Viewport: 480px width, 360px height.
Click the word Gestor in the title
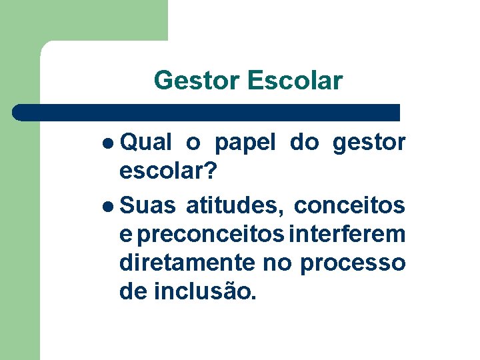(197, 81)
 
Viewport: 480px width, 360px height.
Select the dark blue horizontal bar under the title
(207, 112)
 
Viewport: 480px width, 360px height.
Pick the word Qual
(147, 142)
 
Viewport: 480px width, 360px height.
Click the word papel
(245, 142)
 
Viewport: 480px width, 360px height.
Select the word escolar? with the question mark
(167, 171)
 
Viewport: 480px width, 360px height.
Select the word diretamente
(187, 263)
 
